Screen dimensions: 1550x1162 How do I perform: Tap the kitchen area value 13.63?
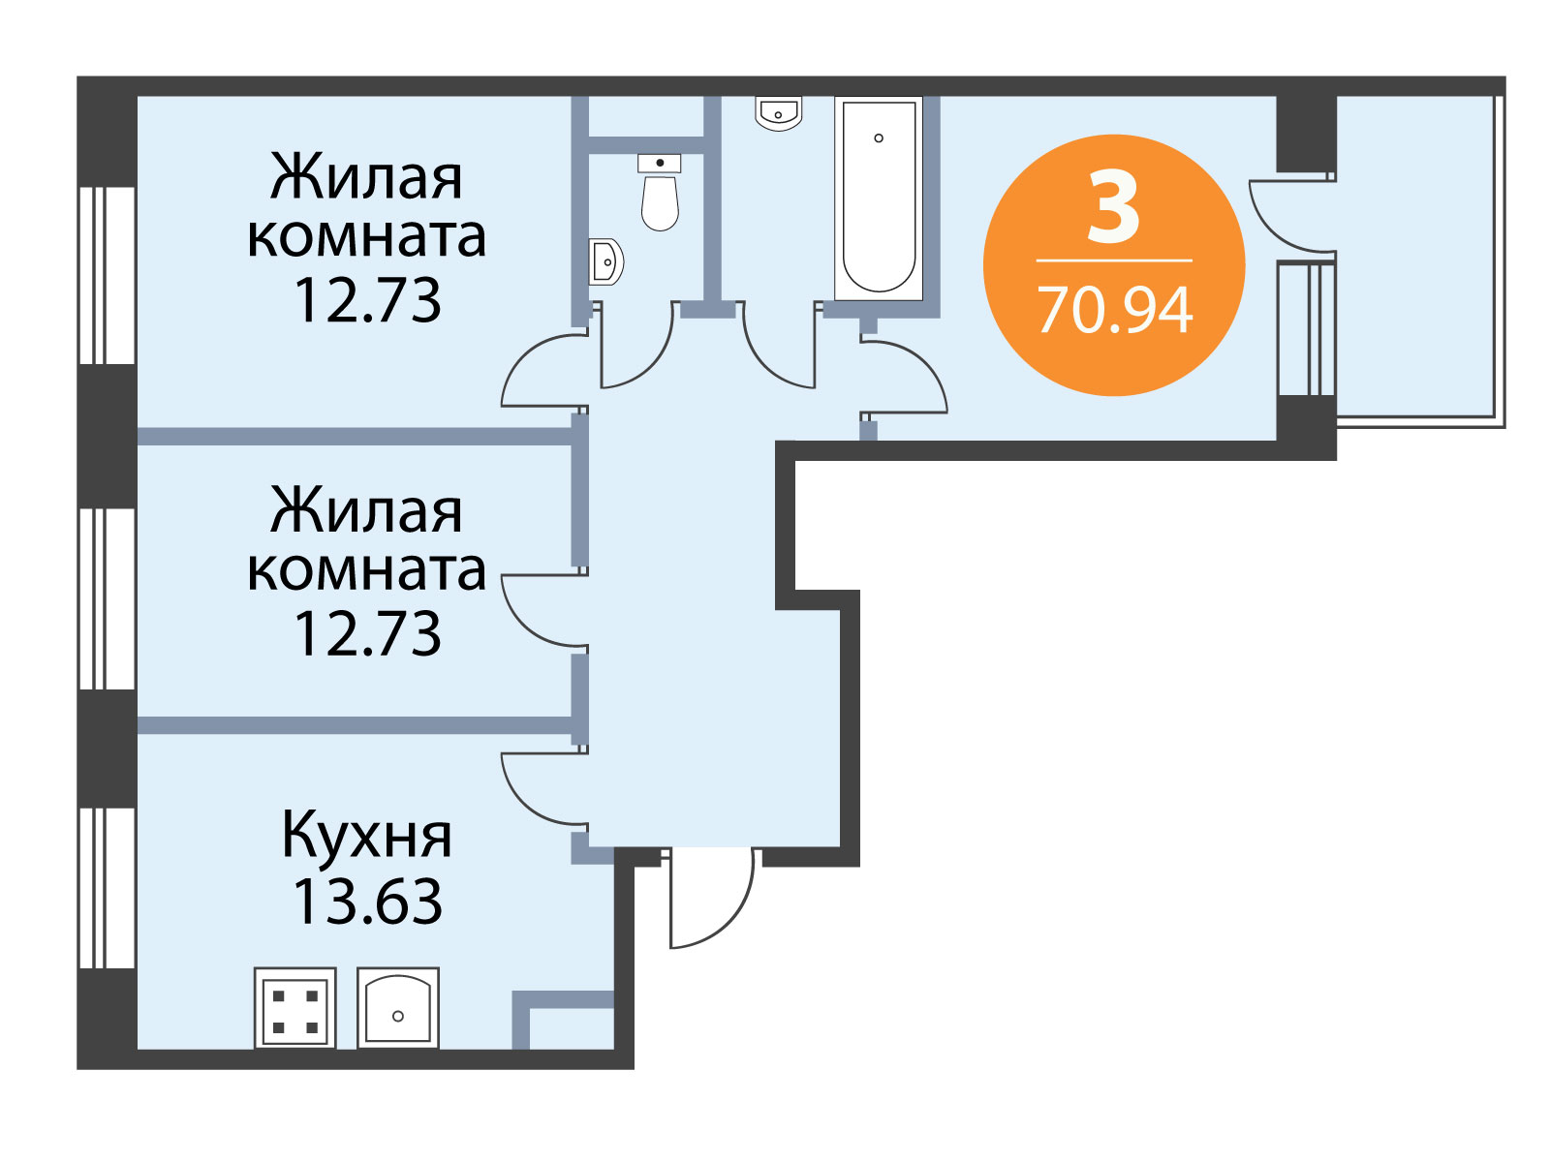pos(367,902)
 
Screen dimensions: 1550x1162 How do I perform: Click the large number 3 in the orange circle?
pos(1114,207)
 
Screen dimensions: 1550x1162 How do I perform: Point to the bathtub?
pos(879,199)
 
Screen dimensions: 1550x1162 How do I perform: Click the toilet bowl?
pos(660,202)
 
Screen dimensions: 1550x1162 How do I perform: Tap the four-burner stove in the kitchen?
pos(295,1007)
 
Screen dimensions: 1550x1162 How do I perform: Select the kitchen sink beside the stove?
pos(398,1007)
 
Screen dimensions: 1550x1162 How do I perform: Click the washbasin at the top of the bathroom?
pos(778,113)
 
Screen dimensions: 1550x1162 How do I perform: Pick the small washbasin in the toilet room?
pos(605,261)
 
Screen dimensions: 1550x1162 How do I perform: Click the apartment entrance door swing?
pos(712,899)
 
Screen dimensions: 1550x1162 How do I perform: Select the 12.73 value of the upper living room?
pos(367,300)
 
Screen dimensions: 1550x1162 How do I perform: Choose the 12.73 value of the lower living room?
pos(367,633)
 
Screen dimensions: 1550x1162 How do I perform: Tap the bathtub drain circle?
pos(879,138)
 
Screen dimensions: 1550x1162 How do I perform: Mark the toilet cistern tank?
pos(660,163)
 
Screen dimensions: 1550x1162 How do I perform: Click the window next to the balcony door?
pos(1307,329)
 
